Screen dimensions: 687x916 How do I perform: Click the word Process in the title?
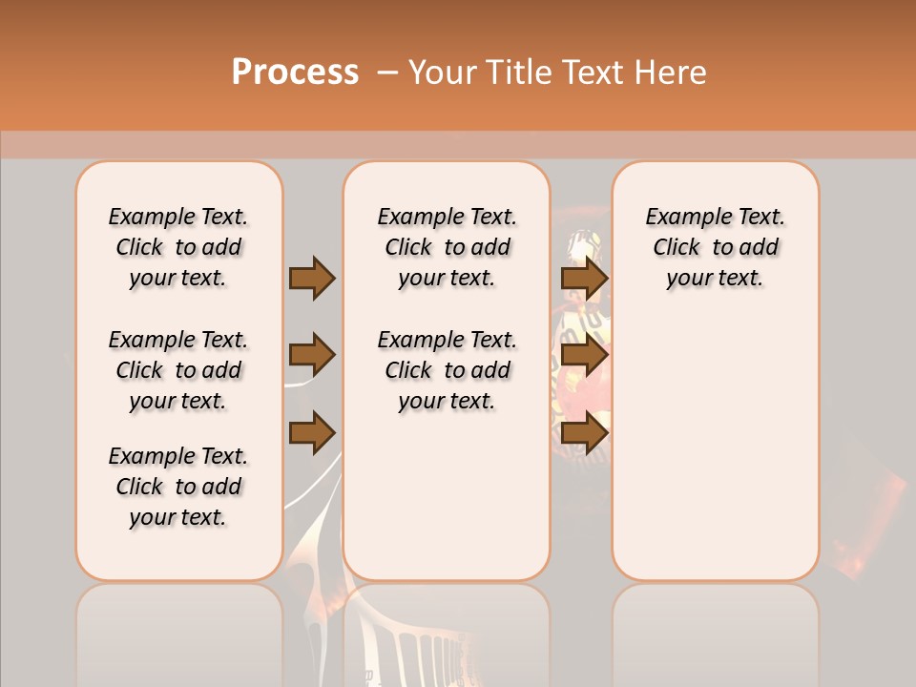295,73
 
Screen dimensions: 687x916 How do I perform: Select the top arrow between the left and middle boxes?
312,278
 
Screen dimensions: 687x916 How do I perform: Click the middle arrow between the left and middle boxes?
312,356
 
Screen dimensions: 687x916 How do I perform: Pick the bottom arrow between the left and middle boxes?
312,433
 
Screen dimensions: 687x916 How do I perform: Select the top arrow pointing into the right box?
584,278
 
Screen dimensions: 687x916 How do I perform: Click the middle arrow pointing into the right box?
584,356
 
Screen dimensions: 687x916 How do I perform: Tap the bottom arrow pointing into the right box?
584,433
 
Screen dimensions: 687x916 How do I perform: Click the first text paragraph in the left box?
178,247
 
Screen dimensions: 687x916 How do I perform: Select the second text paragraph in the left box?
178,370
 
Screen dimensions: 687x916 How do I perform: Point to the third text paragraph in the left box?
178,487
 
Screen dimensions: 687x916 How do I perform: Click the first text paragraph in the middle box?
447,247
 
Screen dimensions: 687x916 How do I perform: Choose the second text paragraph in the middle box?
447,370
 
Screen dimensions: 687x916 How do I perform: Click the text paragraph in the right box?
715,247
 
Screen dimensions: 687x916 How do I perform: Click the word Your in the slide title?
440,73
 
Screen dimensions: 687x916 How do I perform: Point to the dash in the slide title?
387,73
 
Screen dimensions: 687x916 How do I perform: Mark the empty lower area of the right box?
715,448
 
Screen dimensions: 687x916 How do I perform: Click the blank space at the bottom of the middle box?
447,506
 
